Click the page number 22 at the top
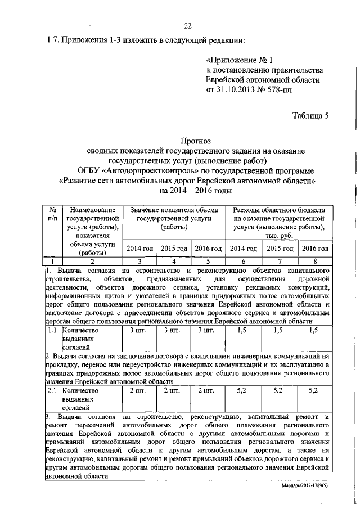[188, 25]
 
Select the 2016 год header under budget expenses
[315, 248]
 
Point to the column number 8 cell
[315, 261]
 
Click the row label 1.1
[52, 331]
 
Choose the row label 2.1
[52, 390]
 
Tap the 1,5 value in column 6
[244, 331]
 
